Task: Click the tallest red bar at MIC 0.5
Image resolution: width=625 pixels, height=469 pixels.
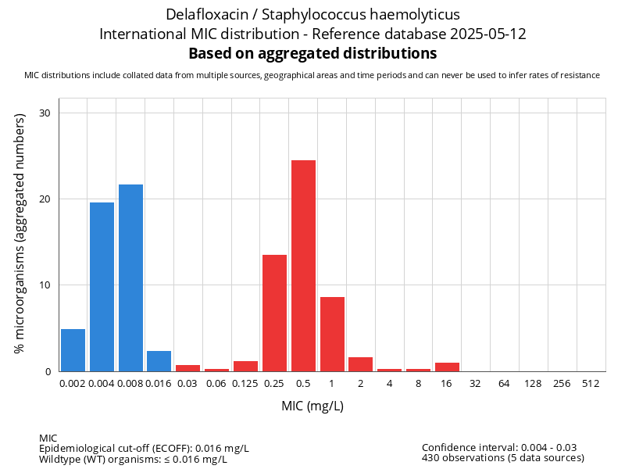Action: coord(303,266)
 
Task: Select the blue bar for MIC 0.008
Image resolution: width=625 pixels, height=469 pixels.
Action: coord(130,277)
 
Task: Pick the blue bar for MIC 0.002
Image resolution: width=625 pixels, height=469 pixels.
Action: coord(73,350)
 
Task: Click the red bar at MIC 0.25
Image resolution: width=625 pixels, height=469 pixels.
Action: coord(274,313)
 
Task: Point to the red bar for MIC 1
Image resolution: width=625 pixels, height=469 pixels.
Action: coord(332,334)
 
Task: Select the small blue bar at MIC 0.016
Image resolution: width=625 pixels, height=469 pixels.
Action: coord(159,361)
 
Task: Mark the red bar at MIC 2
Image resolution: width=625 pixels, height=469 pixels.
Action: coord(361,364)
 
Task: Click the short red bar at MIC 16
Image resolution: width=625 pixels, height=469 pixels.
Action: coord(447,367)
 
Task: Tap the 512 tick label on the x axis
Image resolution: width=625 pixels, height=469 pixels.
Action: coord(591,384)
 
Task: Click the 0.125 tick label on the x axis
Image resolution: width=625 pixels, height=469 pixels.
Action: coord(245,384)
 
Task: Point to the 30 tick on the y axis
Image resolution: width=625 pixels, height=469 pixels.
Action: coord(45,113)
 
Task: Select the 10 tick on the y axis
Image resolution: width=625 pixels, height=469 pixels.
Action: coord(45,285)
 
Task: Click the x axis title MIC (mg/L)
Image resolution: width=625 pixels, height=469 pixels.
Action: coord(312,406)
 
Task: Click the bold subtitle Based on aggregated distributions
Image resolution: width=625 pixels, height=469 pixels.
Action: coord(312,54)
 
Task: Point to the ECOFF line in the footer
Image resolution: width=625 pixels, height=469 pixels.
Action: coord(144,448)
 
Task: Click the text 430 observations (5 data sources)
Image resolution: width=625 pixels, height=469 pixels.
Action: coord(502,458)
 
